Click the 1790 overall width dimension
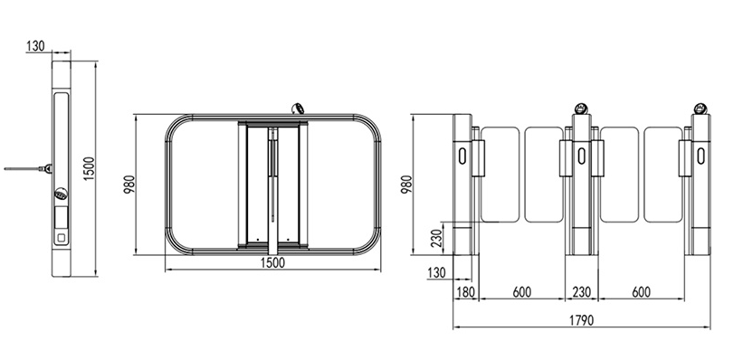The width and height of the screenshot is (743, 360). (x=581, y=321)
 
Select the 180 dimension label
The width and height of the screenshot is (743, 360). (x=465, y=292)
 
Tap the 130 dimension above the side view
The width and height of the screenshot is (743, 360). (x=35, y=46)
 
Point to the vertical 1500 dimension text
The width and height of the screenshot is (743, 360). (x=90, y=168)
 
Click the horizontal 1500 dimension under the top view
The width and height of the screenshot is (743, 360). (x=273, y=263)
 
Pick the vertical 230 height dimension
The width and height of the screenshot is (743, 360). (x=437, y=238)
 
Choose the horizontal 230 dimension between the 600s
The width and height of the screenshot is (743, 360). (x=581, y=292)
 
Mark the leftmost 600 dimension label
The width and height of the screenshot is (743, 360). (x=521, y=292)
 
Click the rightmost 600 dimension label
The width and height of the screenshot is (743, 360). (x=641, y=292)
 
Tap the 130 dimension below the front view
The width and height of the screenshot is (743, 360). (x=436, y=273)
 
